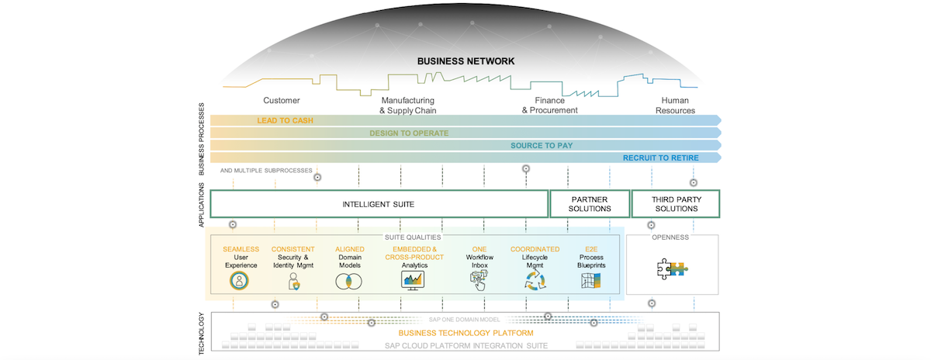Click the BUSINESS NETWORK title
pyautogui.click(x=465, y=61)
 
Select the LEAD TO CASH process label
pyautogui.click(x=286, y=120)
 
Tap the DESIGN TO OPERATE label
pyautogui.click(x=408, y=133)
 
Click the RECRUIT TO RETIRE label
pyautogui.click(x=660, y=157)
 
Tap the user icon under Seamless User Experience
pyautogui.click(x=241, y=282)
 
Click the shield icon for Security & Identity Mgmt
pyautogui.click(x=294, y=282)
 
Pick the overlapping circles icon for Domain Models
pyautogui.click(x=348, y=282)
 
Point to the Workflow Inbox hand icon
pyautogui.click(x=479, y=282)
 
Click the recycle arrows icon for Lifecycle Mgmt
pyautogui.click(x=535, y=282)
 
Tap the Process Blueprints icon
pyautogui.click(x=591, y=282)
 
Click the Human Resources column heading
pyautogui.click(x=674, y=106)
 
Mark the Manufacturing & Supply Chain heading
pyautogui.click(x=407, y=106)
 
